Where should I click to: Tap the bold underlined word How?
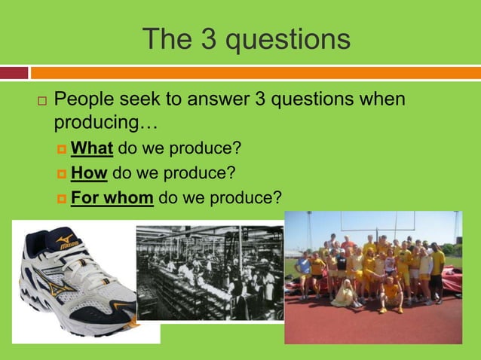point(89,173)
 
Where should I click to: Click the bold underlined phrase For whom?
point(112,198)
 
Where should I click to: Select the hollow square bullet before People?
point(41,101)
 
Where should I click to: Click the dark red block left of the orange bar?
point(14,73)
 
